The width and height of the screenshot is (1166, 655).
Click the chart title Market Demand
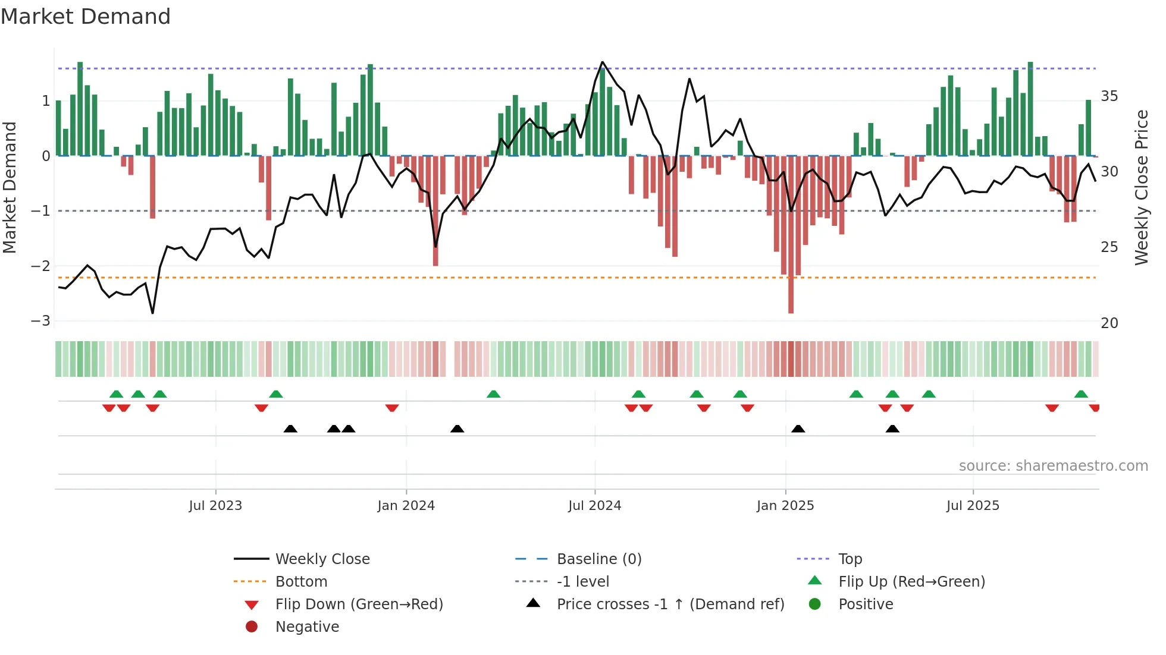click(86, 17)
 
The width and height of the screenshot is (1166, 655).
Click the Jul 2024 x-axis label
click(594, 506)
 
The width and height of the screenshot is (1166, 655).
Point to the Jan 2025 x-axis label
click(785, 506)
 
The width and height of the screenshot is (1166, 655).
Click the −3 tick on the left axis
click(41, 321)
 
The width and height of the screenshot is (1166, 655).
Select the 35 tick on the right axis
click(1109, 96)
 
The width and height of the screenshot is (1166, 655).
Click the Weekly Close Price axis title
click(1141, 187)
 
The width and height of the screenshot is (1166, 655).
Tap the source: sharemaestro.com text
click(1053, 466)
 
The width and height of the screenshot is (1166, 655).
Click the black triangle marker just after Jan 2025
click(798, 429)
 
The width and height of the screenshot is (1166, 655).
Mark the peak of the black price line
click(602, 62)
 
